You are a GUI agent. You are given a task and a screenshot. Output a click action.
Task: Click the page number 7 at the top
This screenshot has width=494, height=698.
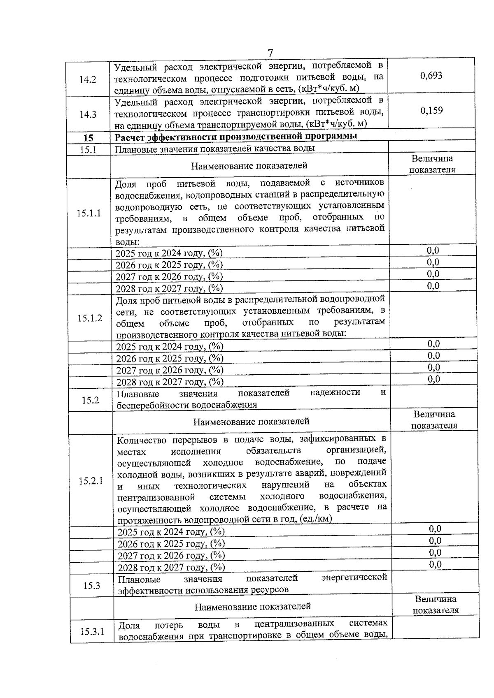click(x=270, y=53)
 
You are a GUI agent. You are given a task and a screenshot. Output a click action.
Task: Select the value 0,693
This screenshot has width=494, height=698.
click(x=431, y=75)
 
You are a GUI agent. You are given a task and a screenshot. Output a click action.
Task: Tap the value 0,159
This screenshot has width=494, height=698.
click(x=431, y=111)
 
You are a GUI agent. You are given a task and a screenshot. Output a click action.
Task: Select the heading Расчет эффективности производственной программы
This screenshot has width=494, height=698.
click(x=235, y=136)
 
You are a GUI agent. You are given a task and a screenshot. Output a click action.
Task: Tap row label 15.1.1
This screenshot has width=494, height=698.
click(x=89, y=213)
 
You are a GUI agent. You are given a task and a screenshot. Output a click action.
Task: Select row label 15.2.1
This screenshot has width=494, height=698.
click(x=91, y=481)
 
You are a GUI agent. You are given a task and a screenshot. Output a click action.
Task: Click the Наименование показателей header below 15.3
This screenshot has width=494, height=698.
click(x=252, y=607)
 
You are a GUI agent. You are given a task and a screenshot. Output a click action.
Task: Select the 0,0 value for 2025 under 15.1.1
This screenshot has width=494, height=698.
click(x=433, y=250)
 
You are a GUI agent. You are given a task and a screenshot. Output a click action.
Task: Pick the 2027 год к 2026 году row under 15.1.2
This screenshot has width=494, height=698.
click(x=170, y=370)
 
